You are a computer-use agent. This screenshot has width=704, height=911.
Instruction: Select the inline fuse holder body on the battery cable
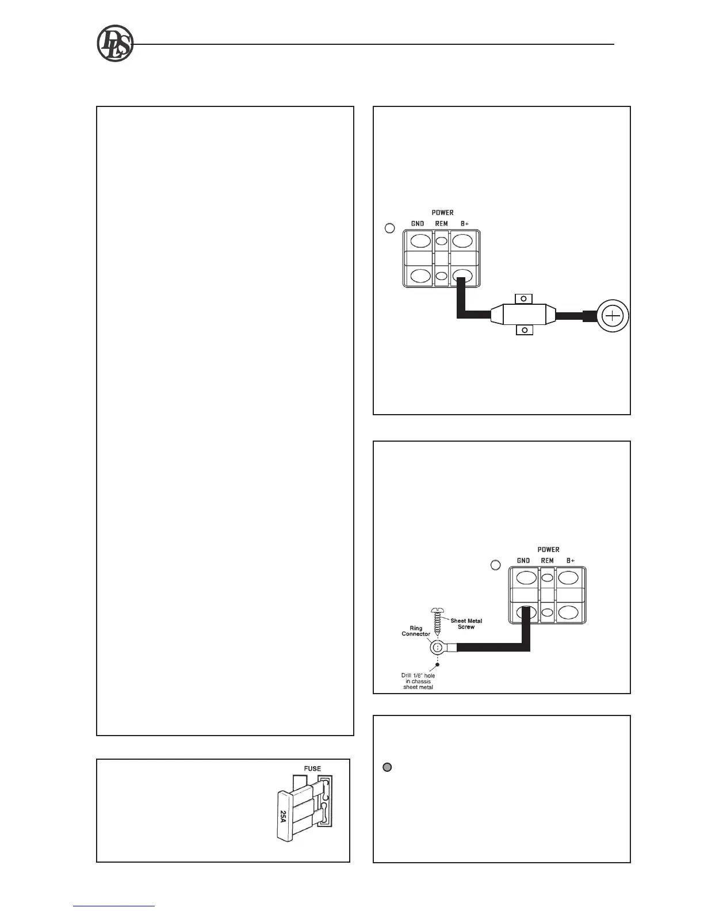522,315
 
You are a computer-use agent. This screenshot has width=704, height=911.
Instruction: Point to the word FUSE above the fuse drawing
312,768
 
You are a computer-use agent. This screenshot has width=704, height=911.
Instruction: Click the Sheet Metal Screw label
466,623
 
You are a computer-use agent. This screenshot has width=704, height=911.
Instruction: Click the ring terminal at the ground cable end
438,648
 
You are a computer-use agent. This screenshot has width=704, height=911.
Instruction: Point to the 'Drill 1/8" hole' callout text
418,681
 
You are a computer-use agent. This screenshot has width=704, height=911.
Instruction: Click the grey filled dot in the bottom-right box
387,767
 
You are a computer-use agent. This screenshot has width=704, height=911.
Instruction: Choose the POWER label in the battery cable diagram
442,213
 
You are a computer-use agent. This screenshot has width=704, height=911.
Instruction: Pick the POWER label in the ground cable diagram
548,550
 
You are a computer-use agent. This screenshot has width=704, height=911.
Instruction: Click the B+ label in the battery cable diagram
465,224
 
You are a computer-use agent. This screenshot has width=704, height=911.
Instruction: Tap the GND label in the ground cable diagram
523,561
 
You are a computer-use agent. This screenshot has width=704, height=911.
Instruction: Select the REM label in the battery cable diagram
441,224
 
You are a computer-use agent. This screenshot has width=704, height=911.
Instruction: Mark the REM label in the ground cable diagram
547,561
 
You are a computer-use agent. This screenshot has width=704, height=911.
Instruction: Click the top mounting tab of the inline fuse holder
523,298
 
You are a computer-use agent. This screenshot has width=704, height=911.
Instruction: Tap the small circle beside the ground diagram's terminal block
495,565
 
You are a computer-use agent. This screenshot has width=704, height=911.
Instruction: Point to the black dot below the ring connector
438,664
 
